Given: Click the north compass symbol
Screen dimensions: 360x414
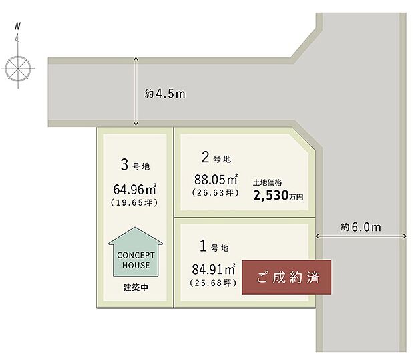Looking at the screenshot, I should point(18,67).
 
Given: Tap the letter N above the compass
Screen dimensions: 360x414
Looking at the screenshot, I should point(18,27).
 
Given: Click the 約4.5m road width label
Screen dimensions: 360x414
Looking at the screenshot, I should point(165,94).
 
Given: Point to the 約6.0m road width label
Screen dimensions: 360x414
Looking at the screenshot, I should point(361,227).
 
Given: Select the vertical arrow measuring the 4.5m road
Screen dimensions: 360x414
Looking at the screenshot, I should point(136,92).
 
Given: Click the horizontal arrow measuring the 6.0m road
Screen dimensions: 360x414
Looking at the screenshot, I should point(361,236).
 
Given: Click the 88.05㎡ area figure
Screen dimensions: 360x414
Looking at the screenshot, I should point(216,180).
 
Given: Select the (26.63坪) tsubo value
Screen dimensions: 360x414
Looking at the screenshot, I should point(216,193).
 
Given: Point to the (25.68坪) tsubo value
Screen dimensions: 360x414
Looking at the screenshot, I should point(214,283).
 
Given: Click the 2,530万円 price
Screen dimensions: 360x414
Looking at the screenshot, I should point(278,196).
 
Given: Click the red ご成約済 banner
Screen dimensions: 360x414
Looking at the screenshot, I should point(286,277).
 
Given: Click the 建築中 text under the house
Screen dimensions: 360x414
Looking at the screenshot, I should point(136,288).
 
